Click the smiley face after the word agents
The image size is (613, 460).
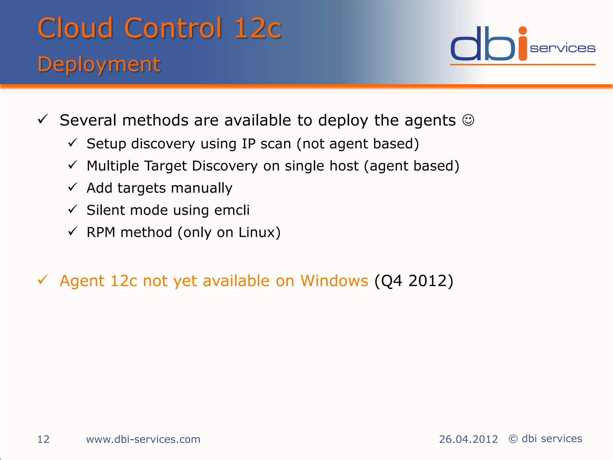(x=468, y=120)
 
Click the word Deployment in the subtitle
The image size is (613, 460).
(x=99, y=64)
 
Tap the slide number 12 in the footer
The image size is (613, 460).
(x=43, y=439)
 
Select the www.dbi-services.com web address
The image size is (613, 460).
(x=143, y=439)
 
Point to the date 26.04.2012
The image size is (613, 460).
(x=468, y=439)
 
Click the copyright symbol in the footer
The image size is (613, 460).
(x=513, y=439)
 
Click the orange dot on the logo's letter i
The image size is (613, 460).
(x=523, y=31)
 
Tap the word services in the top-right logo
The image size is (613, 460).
(x=562, y=49)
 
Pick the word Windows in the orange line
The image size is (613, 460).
(x=334, y=281)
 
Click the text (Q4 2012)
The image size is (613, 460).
(x=414, y=281)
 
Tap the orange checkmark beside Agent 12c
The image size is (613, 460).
(x=43, y=280)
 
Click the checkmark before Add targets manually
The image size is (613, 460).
(x=73, y=187)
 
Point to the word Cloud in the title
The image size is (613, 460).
(x=75, y=28)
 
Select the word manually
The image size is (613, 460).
(x=201, y=188)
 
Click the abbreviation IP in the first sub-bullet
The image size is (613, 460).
(x=248, y=144)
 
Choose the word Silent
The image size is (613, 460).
(x=106, y=210)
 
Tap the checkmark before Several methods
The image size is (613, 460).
(x=43, y=119)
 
